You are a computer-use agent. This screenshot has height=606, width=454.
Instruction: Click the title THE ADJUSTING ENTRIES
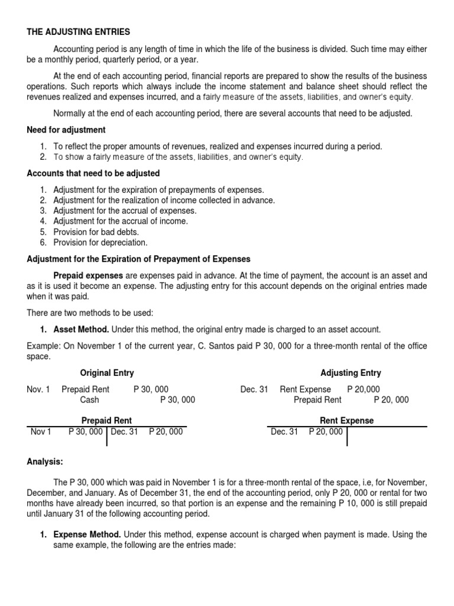tap(78, 31)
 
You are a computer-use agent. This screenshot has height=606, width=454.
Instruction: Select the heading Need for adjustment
tap(66, 130)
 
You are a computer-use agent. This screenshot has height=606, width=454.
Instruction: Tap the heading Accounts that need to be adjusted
tap(93, 173)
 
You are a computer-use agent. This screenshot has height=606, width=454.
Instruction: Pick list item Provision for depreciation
tap(100, 243)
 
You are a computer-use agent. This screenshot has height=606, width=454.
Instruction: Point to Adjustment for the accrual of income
tap(121, 221)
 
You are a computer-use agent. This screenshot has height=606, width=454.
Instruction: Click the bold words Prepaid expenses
tap(88, 276)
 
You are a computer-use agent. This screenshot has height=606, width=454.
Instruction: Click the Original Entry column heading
tap(107, 373)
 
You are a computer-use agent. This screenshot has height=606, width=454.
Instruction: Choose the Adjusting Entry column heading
tap(351, 373)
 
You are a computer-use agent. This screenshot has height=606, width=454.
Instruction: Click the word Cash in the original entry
tap(90, 400)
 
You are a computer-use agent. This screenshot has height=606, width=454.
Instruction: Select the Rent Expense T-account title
tap(346, 420)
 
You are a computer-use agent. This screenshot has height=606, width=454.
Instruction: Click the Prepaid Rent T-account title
tap(106, 420)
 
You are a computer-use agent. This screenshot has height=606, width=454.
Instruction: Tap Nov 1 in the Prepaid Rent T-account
tap(41, 432)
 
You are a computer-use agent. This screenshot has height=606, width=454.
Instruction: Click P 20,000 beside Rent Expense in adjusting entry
tap(364, 389)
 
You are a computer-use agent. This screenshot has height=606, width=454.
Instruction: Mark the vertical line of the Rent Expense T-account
tap(347, 437)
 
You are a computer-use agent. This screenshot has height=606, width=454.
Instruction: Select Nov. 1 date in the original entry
tap(38, 389)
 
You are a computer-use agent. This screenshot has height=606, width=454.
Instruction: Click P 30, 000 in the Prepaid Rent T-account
tap(85, 432)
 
